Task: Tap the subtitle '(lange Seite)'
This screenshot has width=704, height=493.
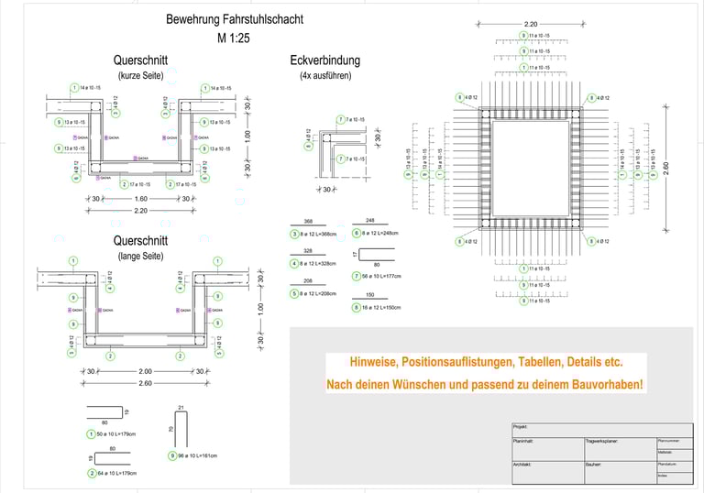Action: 138,256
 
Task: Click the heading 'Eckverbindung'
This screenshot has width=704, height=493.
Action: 324,61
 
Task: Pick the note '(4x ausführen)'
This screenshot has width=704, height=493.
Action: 324,76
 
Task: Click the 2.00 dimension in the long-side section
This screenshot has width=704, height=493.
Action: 144,371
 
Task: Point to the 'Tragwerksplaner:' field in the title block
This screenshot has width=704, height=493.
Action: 602,442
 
